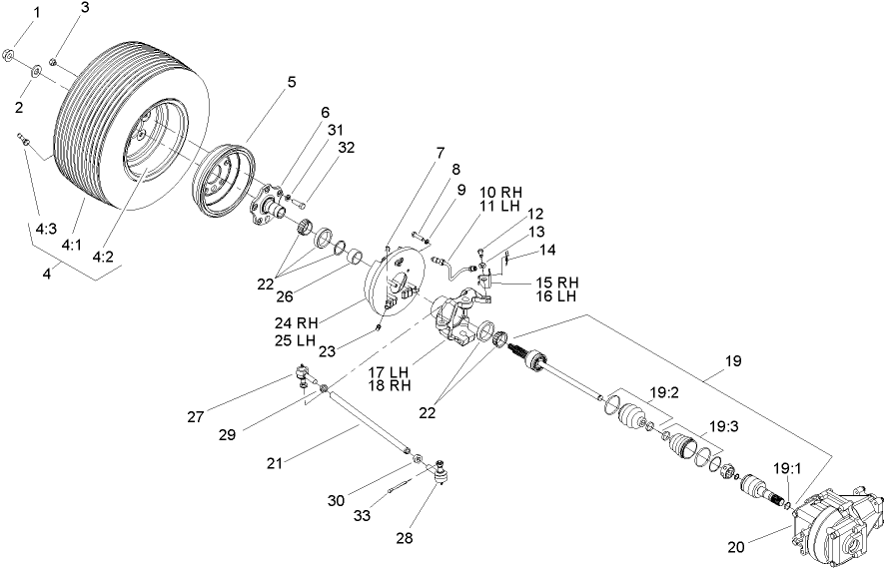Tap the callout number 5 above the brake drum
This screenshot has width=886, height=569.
click(292, 83)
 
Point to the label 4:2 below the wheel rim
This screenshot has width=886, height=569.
click(103, 256)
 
